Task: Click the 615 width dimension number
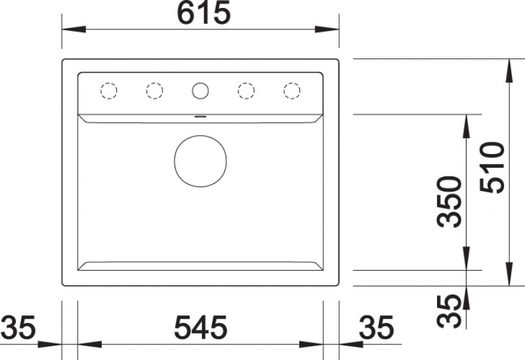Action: [203, 12]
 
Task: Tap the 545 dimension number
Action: [201, 327]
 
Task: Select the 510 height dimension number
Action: [492, 167]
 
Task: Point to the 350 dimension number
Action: [450, 202]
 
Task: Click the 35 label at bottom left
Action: [18, 327]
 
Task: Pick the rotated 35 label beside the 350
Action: [450, 311]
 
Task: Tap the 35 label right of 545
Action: [376, 327]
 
